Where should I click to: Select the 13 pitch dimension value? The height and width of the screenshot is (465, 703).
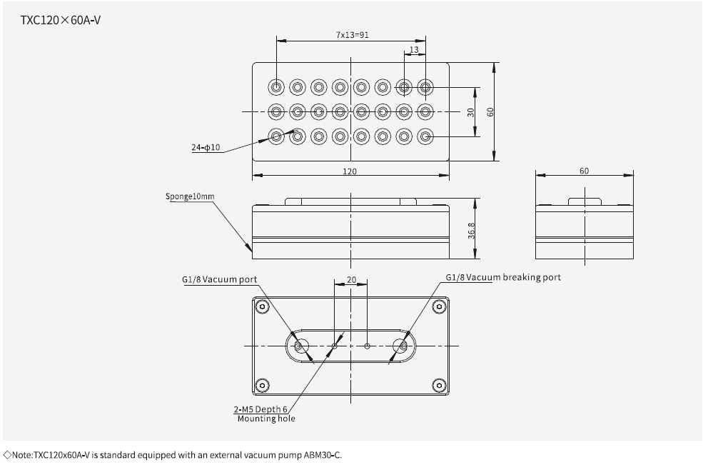[415, 50]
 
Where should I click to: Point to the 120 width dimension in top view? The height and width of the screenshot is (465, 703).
[350, 171]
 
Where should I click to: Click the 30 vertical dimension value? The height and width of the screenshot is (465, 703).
[470, 112]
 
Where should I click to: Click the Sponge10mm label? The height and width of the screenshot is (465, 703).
[190, 196]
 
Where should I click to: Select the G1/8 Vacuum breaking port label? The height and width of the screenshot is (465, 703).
[503, 277]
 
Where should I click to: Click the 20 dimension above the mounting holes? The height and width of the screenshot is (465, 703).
[350, 281]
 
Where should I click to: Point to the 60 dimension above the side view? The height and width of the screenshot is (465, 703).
[584, 171]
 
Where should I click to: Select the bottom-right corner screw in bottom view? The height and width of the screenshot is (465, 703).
[438, 386]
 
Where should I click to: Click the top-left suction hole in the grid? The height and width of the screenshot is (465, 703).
[276, 87]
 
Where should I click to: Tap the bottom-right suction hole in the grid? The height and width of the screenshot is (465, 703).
[425, 136]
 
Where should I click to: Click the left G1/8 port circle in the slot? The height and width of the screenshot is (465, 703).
[300, 346]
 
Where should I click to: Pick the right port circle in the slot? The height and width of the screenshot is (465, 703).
[402, 346]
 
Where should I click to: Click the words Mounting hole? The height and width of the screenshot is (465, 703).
[265, 419]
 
